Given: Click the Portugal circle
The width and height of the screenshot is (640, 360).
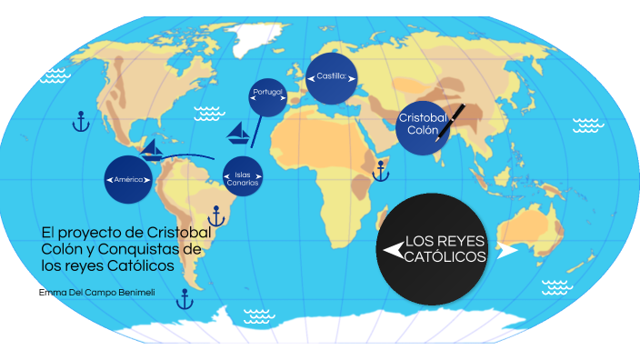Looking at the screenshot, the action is (268, 93).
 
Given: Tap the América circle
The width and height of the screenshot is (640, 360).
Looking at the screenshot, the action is (129, 180).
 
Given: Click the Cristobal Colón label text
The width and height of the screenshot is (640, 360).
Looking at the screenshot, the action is (422, 125).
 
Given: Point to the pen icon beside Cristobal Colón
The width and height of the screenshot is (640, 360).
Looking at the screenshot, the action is (450, 123).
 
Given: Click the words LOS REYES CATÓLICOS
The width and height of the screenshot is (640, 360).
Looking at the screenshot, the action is (445, 248).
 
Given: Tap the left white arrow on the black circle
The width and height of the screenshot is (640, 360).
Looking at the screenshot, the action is (394, 248).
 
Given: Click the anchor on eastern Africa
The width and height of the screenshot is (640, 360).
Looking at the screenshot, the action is (377, 166).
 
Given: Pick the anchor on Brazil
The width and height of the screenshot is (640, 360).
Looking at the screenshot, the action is (216, 215).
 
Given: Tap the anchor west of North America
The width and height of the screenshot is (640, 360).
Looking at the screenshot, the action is (80, 121).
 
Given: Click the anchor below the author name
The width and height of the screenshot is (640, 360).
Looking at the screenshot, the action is (185, 298).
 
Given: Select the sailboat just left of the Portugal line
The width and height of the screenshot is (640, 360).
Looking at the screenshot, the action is (237, 133).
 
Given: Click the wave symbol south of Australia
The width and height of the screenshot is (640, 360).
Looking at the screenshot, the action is (555, 288).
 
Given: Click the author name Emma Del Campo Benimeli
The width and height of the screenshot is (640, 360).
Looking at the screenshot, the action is (96, 292).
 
